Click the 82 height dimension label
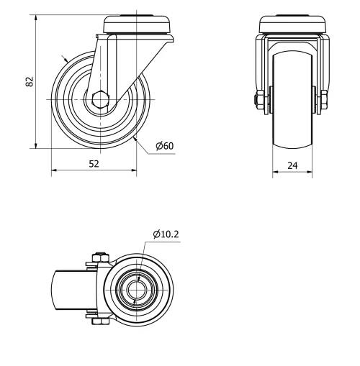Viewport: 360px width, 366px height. tap(30, 81)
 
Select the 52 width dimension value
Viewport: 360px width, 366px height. tap(94, 164)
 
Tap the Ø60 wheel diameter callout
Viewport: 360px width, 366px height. tap(164, 146)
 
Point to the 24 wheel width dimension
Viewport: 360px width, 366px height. tap(292, 165)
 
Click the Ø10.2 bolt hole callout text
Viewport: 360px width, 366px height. tap(166, 234)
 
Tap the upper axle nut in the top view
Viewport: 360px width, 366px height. tap(100, 259)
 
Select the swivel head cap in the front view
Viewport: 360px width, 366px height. tap(292, 24)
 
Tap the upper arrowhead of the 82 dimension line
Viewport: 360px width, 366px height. tap(35, 17)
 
